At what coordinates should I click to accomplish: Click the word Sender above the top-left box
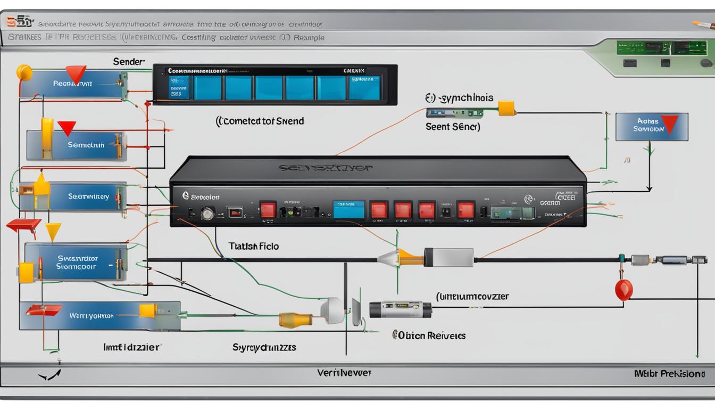129,62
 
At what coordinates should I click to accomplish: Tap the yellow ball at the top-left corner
24,72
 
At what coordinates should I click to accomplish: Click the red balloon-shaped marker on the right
623,290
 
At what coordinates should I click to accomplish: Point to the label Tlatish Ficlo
254,247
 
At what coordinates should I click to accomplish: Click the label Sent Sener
453,127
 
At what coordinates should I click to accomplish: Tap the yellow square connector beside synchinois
506,109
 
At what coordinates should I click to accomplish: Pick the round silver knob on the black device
207,214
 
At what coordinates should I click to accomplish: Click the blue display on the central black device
348,209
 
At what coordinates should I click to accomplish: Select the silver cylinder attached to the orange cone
448,257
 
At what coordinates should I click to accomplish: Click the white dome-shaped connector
333,310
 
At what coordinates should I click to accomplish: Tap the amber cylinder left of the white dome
296,320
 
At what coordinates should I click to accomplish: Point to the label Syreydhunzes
264,347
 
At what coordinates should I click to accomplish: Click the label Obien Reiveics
429,336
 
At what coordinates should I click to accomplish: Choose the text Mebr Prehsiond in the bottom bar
669,374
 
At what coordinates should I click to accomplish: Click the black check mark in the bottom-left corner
50,375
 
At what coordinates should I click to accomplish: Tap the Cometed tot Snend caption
260,121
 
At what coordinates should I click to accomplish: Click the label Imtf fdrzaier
131,347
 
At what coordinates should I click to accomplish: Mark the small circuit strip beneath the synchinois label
454,113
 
